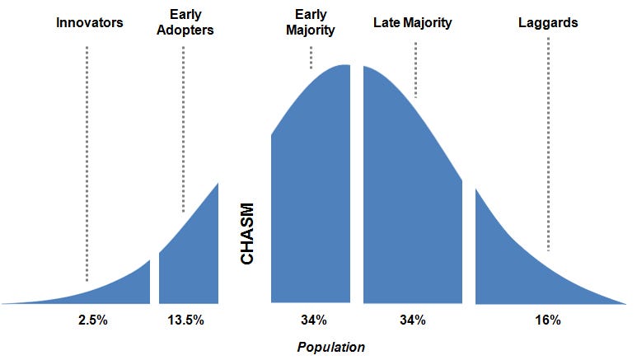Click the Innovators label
(89, 23)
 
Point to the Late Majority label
(412, 23)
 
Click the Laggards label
(548, 23)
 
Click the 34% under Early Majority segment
(313, 320)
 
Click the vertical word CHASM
(246, 235)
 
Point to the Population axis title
(330, 347)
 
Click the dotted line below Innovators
(87, 165)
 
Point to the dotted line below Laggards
(548, 148)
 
